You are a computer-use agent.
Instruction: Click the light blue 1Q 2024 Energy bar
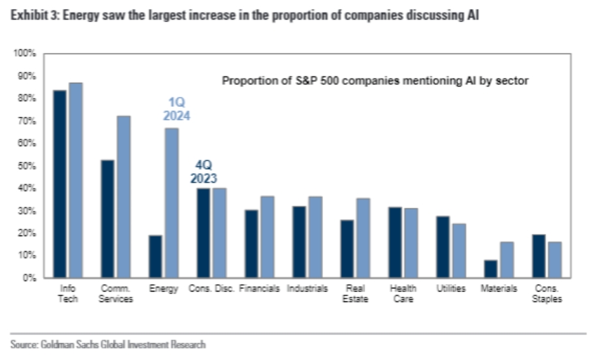coord(172,203)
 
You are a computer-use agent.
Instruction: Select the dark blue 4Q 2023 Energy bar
coord(155,256)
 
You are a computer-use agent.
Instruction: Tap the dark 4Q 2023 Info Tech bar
coord(60,184)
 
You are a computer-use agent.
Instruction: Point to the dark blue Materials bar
coord(490,269)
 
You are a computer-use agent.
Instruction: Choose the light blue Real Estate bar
coord(363,238)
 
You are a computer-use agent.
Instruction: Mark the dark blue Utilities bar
coord(442,247)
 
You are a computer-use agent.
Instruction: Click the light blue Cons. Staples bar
coord(554,260)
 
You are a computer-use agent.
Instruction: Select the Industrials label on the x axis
coord(307,288)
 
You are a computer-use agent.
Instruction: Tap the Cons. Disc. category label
coord(211,288)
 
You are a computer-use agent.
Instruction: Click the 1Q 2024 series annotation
coord(176,109)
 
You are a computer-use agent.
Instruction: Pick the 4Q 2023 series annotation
coord(203,172)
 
